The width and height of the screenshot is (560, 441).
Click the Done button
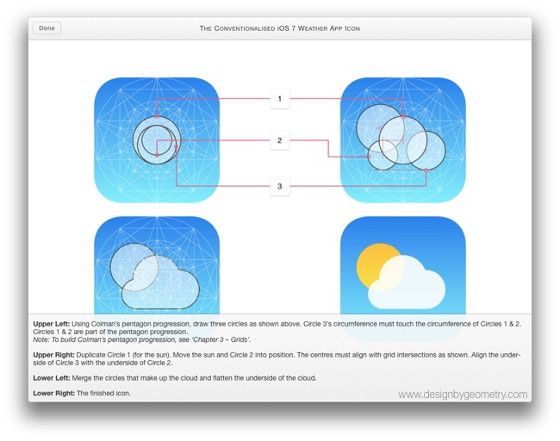click(47, 28)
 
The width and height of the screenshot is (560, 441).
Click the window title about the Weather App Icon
click(280, 28)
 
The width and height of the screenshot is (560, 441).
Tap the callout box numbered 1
click(279, 99)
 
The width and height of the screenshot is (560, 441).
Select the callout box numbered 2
click(279, 140)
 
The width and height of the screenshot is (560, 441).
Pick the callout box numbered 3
click(279, 185)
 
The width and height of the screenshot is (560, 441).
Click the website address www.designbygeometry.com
click(462, 394)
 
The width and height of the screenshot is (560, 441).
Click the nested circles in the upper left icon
click(155, 140)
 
